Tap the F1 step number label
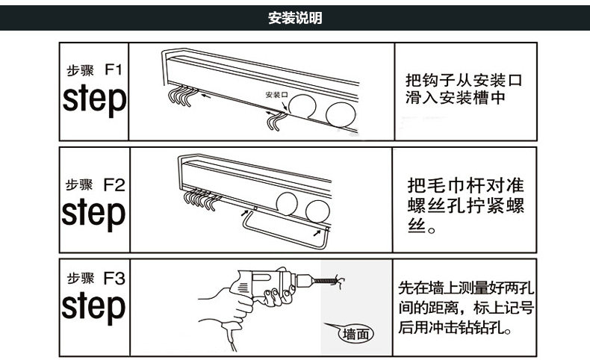point(113,71)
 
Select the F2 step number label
point(114,183)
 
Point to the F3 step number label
point(114,279)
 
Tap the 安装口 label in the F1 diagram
point(276,96)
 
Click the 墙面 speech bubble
point(357,334)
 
